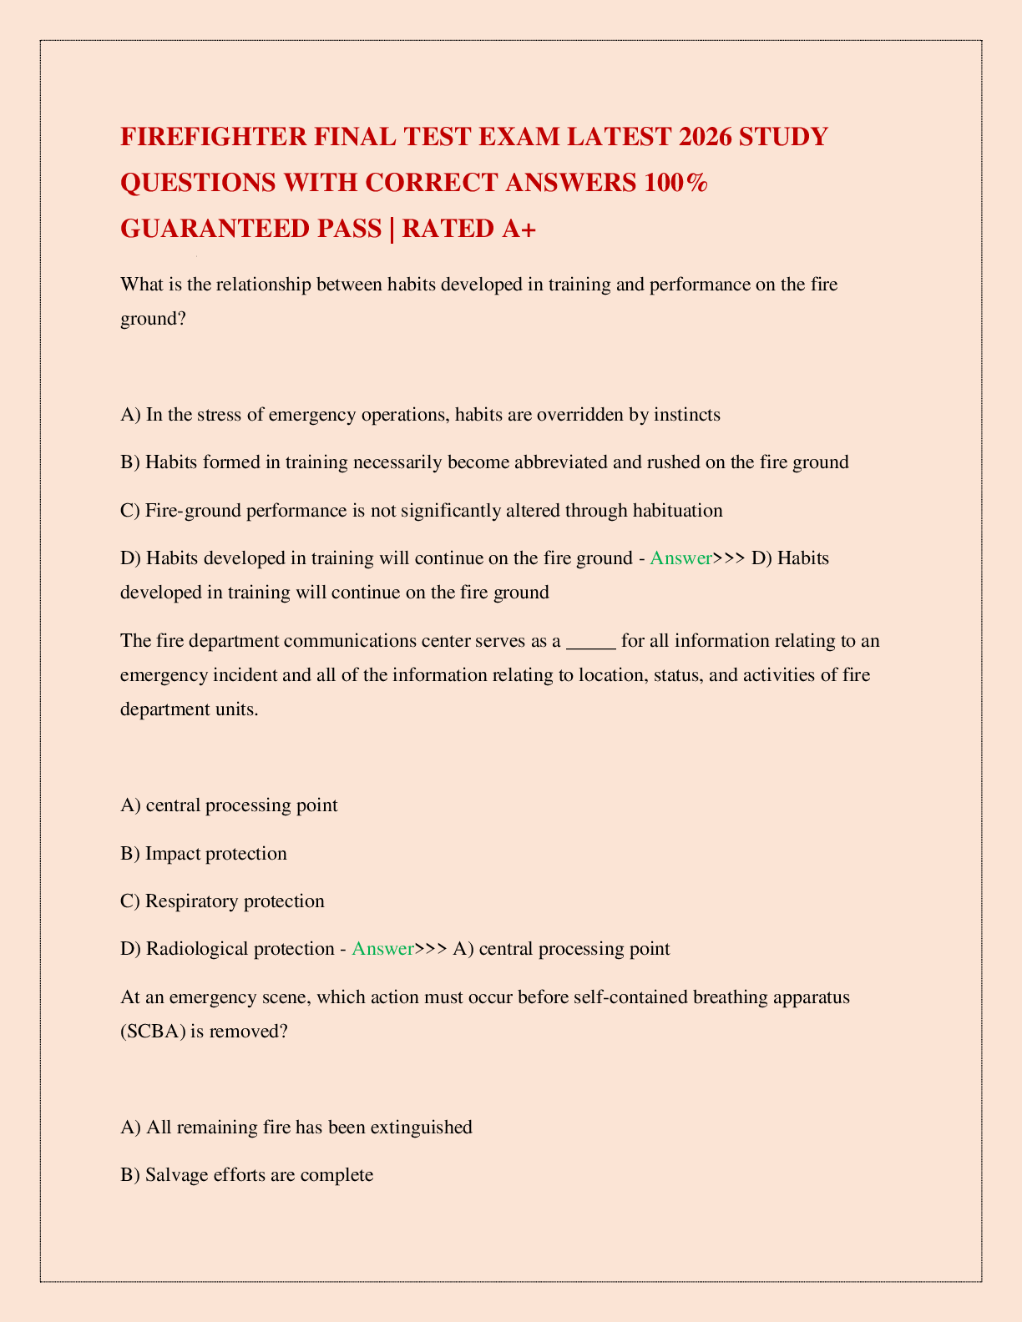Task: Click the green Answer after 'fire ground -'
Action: [x=680, y=558]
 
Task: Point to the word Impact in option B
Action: [x=173, y=853]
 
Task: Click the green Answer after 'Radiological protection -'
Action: [x=383, y=949]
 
